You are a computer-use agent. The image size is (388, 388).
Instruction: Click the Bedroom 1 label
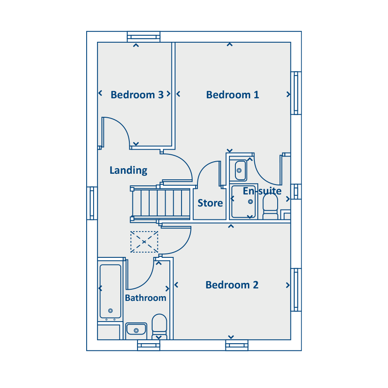pyautogui.click(x=233, y=95)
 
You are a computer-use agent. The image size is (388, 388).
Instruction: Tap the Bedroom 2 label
pyautogui.click(x=232, y=285)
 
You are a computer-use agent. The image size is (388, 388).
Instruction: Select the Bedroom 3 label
pyautogui.click(x=137, y=95)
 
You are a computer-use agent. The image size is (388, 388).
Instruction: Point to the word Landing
pyautogui.click(x=128, y=170)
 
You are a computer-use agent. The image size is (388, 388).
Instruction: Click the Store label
pyautogui.click(x=210, y=203)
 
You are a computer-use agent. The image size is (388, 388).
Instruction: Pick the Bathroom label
pyautogui.click(x=146, y=297)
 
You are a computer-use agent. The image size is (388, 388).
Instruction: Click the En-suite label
pyautogui.click(x=262, y=191)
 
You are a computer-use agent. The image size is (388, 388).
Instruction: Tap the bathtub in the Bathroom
pyautogui.click(x=110, y=291)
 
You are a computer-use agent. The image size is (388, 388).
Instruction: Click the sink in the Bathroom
pyautogui.click(x=136, y=329)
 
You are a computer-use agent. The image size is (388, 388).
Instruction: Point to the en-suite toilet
pyautogui.click(x=270, y=207)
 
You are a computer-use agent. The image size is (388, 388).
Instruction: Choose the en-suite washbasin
pyautogui.click(x=240, y=170)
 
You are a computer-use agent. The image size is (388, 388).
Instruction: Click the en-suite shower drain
pyautogui.click(x=250, y=202)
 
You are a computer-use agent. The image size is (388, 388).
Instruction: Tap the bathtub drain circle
pyautogui.click(x=111, y=311)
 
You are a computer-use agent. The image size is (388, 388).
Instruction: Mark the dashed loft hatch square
pyautogui.click(x=144, y=242)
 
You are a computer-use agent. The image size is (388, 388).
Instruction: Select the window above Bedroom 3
pyautogui.click(x=144, y=37)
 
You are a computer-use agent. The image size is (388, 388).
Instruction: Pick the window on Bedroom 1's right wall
pyautogui.click(x=296, y=93)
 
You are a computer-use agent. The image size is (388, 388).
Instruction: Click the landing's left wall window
pyautogui.click(x=92, y=203)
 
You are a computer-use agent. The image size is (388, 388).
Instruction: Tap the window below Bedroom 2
pyautogui.click(x=237, y=345)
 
